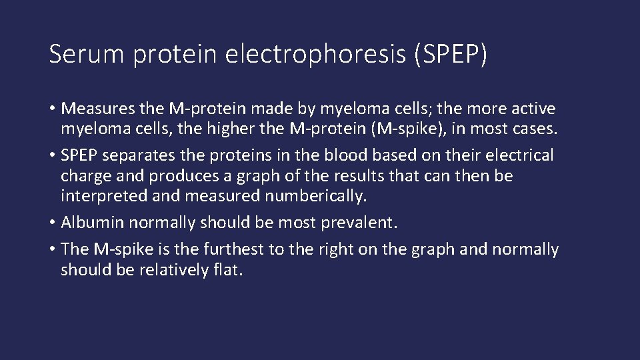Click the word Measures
(x=99, y=108)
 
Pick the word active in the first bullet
(x=533, y=108)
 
